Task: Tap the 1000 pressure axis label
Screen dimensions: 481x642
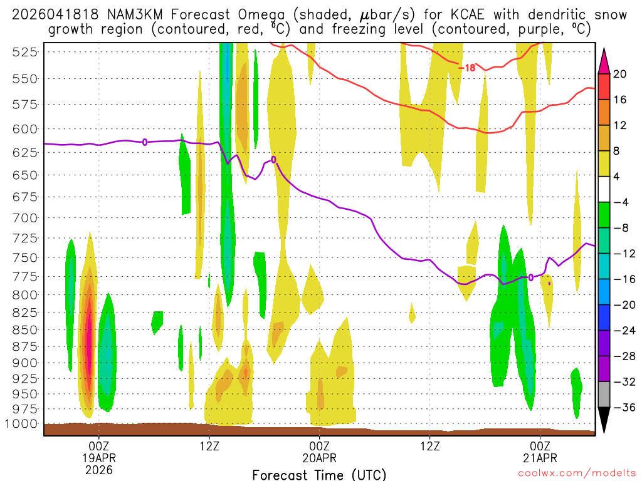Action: click(x=22, y=423)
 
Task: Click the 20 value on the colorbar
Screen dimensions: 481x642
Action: click(x=620, y=74)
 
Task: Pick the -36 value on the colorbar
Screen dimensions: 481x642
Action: click(x=621, y=407)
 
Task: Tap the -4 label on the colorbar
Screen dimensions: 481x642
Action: click(x=621, y=202)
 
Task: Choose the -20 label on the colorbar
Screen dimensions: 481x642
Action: click(x=621, y=305)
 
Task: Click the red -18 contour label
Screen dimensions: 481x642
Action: click(x=467, y=68)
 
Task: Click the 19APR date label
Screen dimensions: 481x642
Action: click(x=99, y=457)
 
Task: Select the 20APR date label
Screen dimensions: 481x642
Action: click(x=320, y=457)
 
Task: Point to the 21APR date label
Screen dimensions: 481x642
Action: click(x=540, y=457)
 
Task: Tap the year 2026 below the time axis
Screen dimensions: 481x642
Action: click(x=99, y=469)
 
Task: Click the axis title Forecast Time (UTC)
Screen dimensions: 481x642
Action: click(x=319, y=474)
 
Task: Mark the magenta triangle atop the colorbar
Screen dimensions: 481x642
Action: click(x=604, y=60)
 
